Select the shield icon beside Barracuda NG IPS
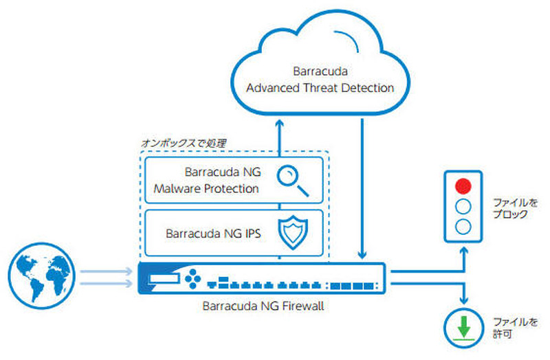(x=290, y=233)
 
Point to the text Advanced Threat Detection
(x=320, y=88)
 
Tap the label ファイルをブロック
(x=510, y=209)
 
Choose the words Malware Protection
(x=206, y=188)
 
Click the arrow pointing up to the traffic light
(x=465, y=258)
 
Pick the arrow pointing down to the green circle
(x=465, y=292)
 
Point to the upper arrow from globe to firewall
(x=106, y=271)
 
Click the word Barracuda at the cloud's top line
(x=320, y=71)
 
